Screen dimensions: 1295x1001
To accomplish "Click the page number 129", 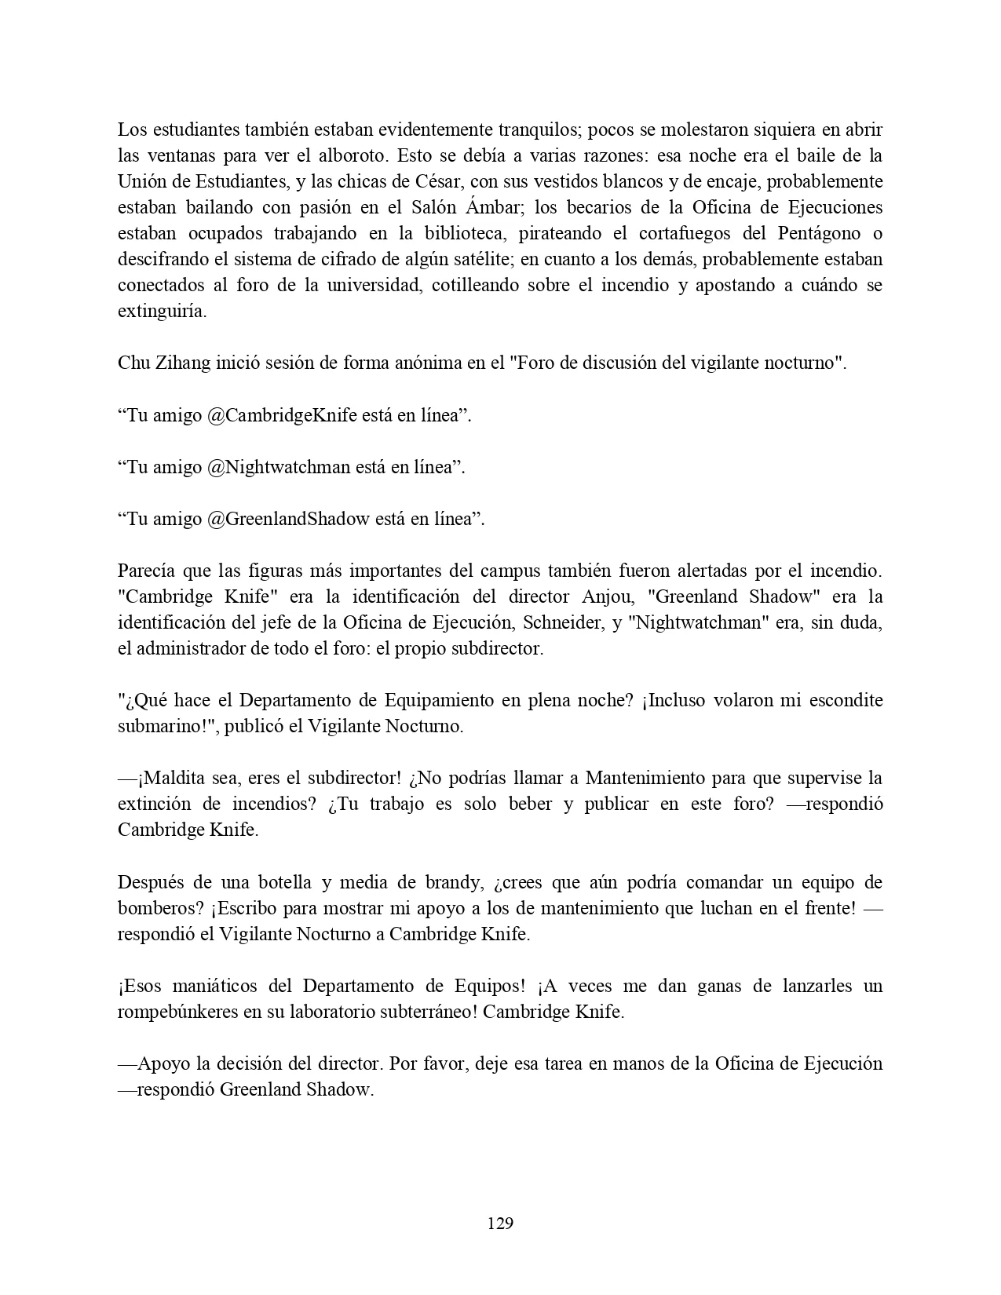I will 500,1223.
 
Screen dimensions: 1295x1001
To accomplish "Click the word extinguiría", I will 163,312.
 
